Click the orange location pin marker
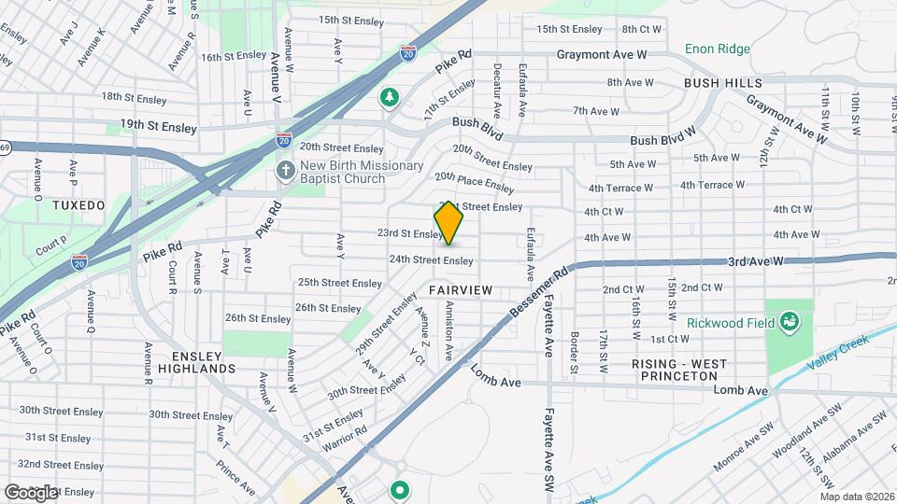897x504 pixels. (x=449, y=224)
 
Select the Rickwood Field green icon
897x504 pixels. (x=790, y=322)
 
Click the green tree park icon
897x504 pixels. (x=389, y=96)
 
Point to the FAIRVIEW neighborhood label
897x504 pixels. (x=461, y=290)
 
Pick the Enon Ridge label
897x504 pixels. (x=718, y=49)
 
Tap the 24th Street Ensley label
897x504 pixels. (x=431, y=260)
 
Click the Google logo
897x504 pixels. (x=31, y=492)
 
